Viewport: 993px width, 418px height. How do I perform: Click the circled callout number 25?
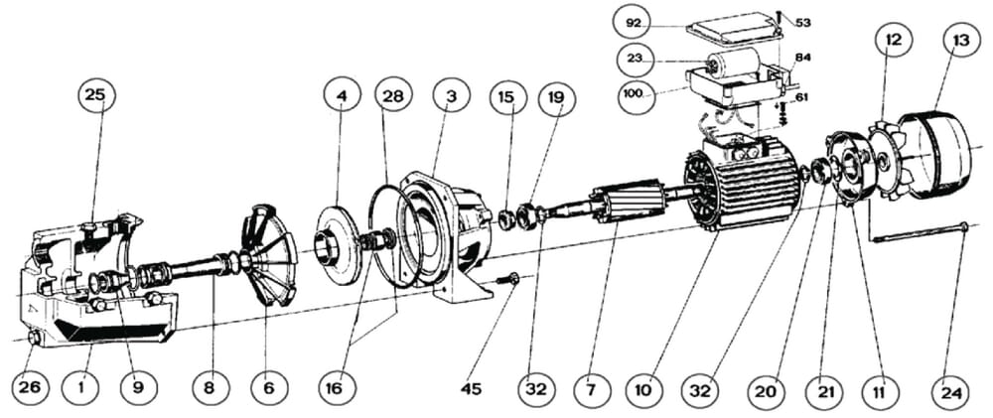[x=94, y=96]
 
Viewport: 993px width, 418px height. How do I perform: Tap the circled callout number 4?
[x=342, y=96]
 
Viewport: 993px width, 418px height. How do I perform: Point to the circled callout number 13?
[x=960, y=40]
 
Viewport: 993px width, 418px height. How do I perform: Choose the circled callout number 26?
[x=31, y=387]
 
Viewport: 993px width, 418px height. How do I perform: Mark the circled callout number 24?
[x=951, y=391]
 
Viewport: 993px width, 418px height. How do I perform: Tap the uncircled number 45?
[x=471, y=388]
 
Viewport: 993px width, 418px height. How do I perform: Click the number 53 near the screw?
[x=802, y=22]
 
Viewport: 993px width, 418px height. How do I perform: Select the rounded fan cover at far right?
[x=937, y=154]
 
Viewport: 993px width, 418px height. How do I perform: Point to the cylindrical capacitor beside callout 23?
[x=732, y=67]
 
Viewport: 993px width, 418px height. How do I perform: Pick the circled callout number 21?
[x=825, y=391]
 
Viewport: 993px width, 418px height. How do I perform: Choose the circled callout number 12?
[x=893, y=40]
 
